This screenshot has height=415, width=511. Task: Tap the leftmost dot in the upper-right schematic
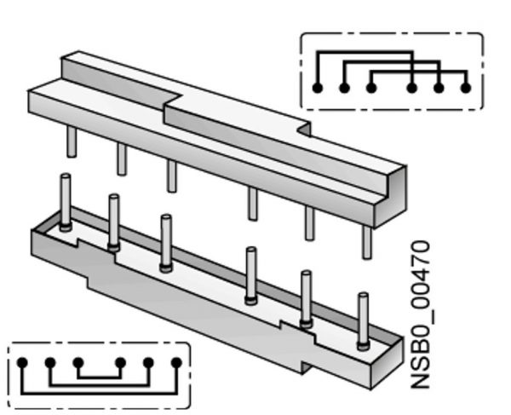[x=317, y=87]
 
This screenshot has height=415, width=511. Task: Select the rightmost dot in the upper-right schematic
[x=465, y=87]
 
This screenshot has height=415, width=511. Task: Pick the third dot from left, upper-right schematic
[x=371, y=87]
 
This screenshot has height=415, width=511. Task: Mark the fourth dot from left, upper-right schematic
[x=411, y=87]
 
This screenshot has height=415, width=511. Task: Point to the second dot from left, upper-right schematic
[x=344, y=87]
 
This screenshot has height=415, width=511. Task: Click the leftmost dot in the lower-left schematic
[x=22, y=363]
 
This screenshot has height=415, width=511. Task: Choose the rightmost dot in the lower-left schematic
[x=176, y=363]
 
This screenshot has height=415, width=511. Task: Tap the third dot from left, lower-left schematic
[x=78, y=363]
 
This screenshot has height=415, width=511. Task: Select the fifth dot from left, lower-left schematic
[x=148, y=363]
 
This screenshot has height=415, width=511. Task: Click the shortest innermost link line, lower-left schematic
[x=99, y=378]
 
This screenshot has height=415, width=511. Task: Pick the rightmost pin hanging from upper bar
[x=367, y=242]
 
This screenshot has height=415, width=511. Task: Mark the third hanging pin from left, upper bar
[x=172, y=176]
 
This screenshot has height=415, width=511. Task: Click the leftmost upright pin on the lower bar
[x=65, y=201]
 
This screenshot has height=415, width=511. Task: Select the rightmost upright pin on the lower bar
[x=363, y=320]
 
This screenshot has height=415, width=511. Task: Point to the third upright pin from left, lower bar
[x=166, y=243]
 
